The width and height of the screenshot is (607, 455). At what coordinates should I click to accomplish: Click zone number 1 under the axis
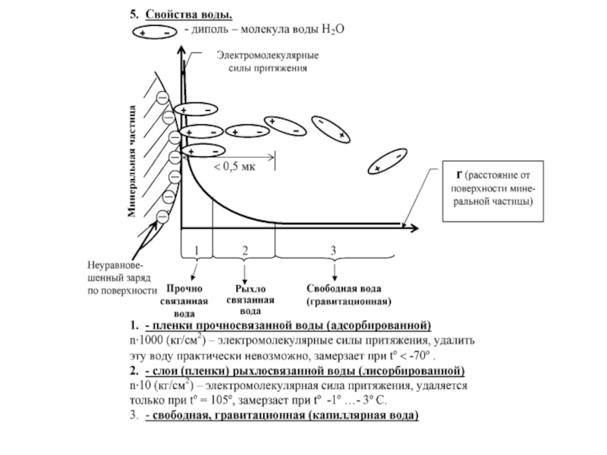(x=196, y=249)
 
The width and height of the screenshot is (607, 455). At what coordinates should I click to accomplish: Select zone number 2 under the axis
(x=244, y=249)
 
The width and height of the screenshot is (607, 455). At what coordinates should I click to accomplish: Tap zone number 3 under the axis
(x=334, y=249)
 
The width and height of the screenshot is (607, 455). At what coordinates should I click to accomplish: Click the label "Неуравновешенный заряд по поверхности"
(x=121, y=278)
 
